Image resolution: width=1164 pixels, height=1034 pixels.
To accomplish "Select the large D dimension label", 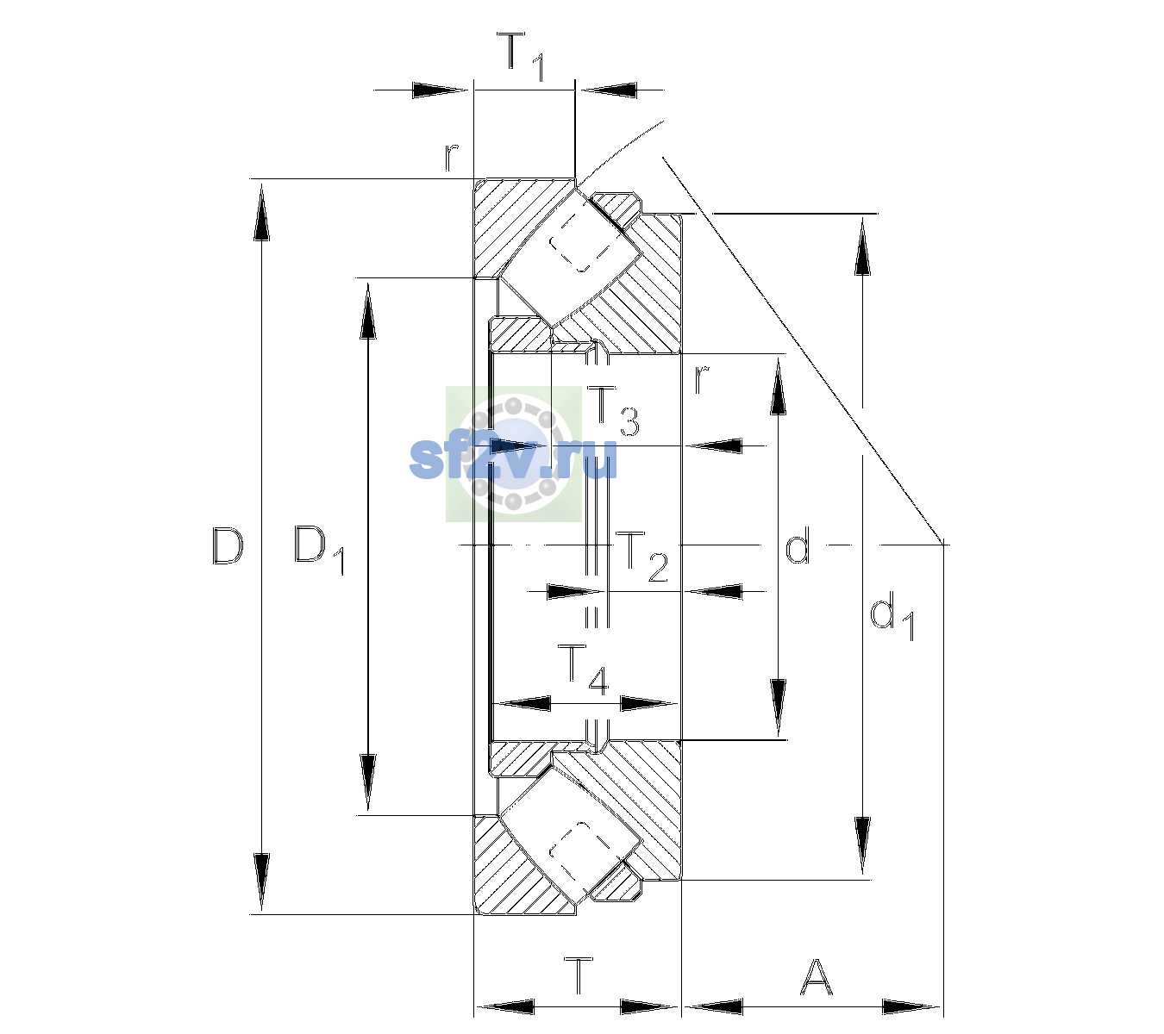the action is click(228, 545).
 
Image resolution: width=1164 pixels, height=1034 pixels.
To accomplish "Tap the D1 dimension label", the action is click(319, 550).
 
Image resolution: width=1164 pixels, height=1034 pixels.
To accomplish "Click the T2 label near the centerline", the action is click(641, 557).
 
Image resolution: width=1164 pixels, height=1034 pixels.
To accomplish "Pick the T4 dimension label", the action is click(583, 670).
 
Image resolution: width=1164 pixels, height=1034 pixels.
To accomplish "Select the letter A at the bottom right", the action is click(816, 976).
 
